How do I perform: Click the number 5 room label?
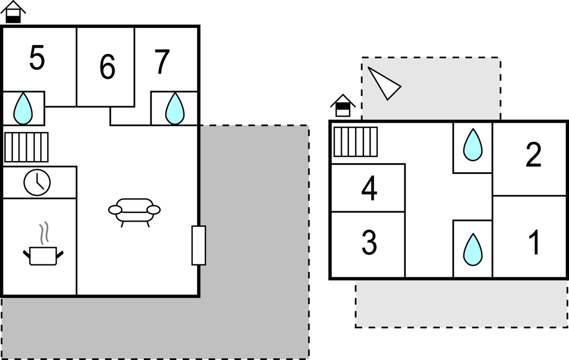coord(37,58)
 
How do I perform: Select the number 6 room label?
coord(107,67)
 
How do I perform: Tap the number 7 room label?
coord(162,62)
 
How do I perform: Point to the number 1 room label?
coord(534,242)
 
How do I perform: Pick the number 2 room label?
coord(533,155)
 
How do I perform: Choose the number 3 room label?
coord(370,242)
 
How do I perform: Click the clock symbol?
coord(37,183)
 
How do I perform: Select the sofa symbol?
coord(134,212)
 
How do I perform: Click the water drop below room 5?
coord(23,108)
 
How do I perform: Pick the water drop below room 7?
coord(174,108)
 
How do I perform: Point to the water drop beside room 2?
coord(473,144)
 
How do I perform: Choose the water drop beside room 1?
coord(473,249)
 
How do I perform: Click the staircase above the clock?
coord(27,147)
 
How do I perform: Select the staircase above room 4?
coord(356,142)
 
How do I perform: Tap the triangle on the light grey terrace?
coord(385,83)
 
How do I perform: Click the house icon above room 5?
coord(13,12)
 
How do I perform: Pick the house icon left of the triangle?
coord(343,106)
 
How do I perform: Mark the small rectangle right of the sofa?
coord(199,246)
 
